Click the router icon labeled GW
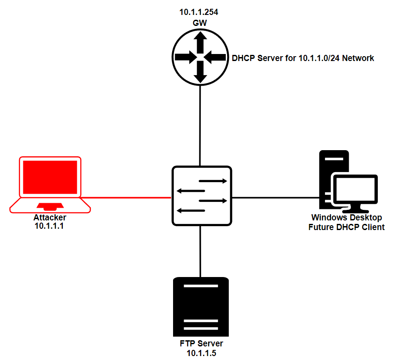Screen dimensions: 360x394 (200, 57)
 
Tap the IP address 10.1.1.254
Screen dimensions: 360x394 (199, 12)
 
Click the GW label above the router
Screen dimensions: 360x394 (200, 22)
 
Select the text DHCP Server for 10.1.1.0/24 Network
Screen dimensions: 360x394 (303, 58)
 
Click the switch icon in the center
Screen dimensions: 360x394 (202, 196)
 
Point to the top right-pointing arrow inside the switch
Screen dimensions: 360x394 (213, 181)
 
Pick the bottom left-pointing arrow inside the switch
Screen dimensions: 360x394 (191, 211)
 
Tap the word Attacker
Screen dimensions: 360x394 (50, 218)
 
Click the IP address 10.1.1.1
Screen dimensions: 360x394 (49, 226)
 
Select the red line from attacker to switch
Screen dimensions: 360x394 (127, 198)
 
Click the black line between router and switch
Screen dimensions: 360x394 (200, 125)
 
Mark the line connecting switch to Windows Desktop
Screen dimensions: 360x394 (275, 198)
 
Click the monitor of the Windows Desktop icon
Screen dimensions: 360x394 (355, 190)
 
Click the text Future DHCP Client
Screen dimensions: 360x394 (347, 227)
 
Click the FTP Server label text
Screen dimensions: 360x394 (201, 344)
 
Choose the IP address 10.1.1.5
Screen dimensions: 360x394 (201, 353)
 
